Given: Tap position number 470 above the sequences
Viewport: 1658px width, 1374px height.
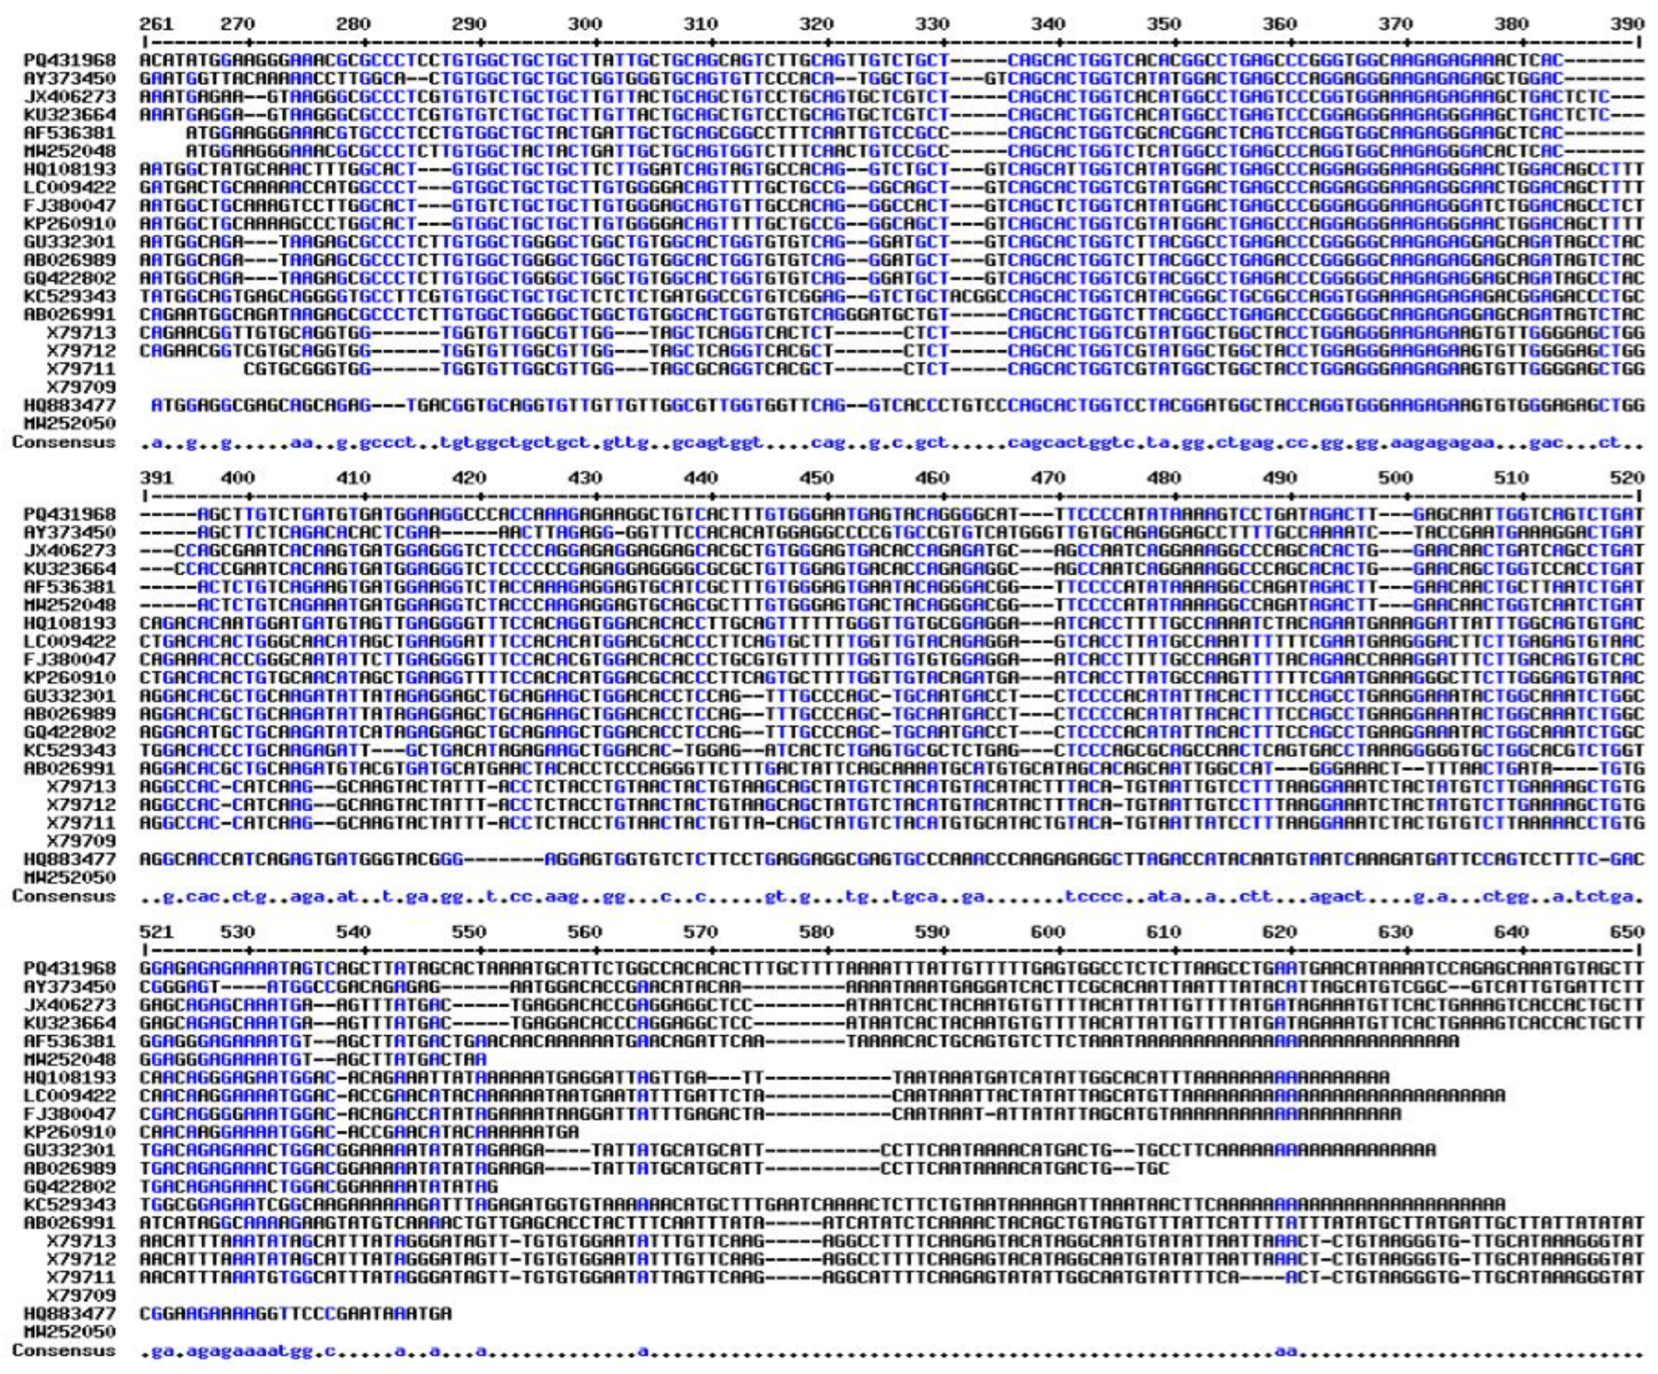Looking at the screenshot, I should click(x=1047, y=478).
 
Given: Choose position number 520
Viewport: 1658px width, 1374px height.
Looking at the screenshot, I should click(x=1627, y=478).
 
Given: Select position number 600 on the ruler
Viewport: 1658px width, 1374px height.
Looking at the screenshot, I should click(x=1047, y=932).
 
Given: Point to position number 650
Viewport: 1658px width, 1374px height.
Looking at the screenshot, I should click(x=1627, y=932).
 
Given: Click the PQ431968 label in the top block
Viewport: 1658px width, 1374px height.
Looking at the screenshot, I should click(x=70, y=60).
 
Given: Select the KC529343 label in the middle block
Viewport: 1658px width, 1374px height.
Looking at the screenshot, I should click(x=70, y=750).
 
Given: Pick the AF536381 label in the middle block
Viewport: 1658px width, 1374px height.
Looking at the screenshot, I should click(x=70, y=587).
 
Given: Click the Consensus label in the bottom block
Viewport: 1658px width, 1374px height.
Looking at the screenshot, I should click(x=64, y=1351).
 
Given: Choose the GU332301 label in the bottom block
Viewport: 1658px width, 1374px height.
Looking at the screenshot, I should click(x=70, y=1150).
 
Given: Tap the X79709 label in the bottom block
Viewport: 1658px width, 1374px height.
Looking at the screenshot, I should click(x=81, y=1295).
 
